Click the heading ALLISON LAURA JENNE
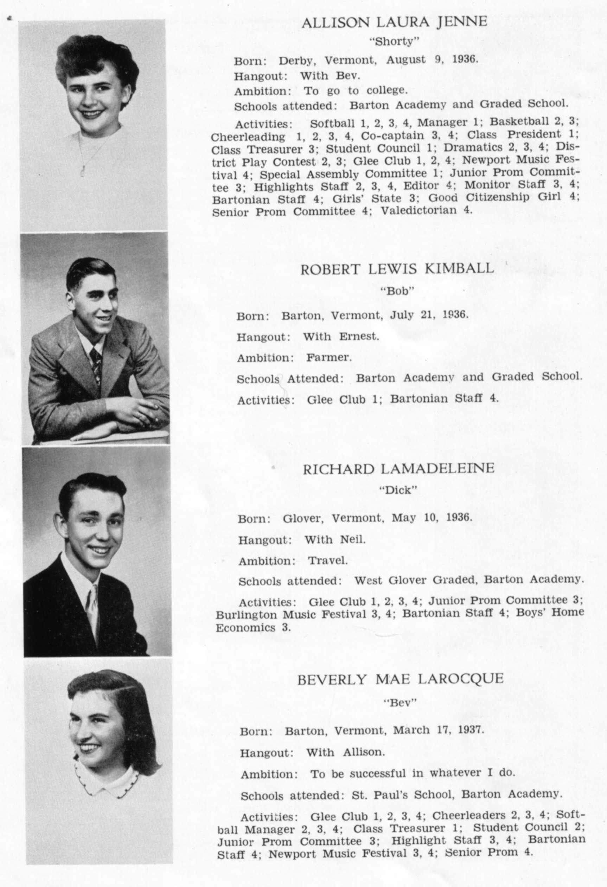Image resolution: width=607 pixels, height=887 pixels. [x=394, y=22]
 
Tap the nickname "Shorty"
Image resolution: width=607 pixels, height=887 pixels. [x=394, y=41]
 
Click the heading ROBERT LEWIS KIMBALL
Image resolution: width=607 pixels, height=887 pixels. [x=397, y=269]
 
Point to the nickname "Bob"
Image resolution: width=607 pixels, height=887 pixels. [x=397, y=291]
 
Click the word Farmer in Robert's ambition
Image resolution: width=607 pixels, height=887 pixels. [x=328, y=357]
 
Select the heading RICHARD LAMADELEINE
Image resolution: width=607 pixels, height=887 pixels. [x=398, y=468]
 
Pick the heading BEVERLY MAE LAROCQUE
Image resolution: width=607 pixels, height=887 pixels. [x=400, y=679]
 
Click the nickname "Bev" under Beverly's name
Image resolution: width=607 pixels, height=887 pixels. [x=400, y=703]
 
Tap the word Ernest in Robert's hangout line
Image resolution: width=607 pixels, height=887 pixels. [x=359, y=337]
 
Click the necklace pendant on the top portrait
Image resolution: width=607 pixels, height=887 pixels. [x=82, y=170]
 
